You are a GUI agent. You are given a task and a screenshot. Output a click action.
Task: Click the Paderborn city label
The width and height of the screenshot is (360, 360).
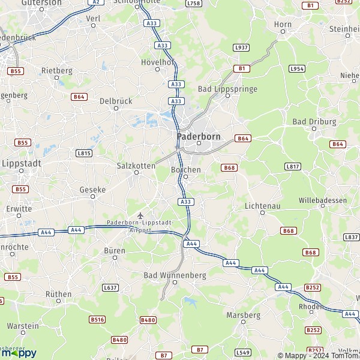coord(199,136)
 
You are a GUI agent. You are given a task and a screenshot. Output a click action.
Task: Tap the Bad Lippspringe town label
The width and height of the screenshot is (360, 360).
coord(227,89)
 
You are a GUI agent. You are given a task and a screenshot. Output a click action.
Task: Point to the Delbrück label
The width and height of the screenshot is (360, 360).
coord(116,101)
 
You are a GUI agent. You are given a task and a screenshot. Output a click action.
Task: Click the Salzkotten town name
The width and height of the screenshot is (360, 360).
coord(136,165)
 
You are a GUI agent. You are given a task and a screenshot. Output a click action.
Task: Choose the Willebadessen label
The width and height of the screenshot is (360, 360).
coord(323,200)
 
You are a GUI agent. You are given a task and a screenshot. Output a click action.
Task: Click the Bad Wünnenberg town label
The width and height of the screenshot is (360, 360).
coord(175,275)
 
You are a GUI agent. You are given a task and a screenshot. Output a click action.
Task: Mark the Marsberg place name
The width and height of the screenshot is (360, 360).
coord(243,314)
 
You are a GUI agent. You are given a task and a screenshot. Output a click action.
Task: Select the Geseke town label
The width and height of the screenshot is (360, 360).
coord(92,189)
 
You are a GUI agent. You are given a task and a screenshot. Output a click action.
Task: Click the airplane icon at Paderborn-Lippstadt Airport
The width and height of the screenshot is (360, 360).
coord(140,215)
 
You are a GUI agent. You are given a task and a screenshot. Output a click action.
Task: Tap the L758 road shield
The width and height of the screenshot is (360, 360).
coord(193,4)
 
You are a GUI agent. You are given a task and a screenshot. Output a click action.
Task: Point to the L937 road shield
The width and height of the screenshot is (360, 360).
coord(241,47)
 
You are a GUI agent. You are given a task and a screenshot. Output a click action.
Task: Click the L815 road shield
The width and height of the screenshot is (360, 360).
coord(83,153)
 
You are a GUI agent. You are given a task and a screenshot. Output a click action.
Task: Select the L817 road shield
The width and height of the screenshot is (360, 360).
coord(292,166)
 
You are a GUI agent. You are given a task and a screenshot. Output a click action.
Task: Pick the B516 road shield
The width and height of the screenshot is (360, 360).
coord(97,320)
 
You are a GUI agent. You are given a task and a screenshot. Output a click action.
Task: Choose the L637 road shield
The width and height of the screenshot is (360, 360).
coord(110,287)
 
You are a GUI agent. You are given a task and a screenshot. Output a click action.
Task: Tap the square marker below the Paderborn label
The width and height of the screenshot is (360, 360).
coord(199,143)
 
